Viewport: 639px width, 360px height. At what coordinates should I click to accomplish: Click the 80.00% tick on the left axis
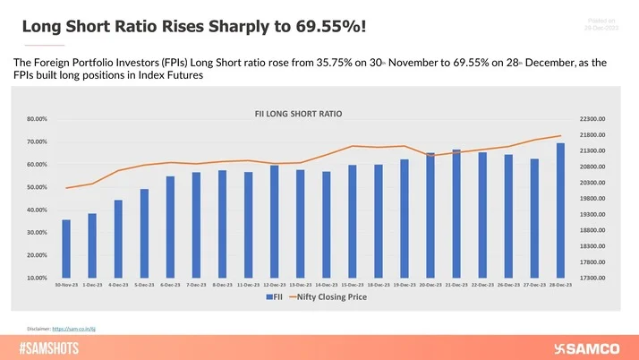pyautogui.click(x=37, y=119)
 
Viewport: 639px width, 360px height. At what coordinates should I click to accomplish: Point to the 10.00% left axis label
pyautogui.click(x=37, y=278)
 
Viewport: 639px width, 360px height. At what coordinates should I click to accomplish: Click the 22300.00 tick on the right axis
pyautogui.click(x=593, y=119)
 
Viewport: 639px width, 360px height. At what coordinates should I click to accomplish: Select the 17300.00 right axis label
pyautogui.click(x=593, y=278)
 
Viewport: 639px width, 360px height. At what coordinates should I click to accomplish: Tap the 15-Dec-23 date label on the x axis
pyautogui.click(x=353, y=285)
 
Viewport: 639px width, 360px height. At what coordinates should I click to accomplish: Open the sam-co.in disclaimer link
pyautogui.click(x=73, y=329)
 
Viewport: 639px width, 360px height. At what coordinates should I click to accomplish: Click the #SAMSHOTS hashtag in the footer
pyautogui.click(x=51, y=347)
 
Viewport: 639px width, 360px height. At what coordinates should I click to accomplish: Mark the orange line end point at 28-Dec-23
pyautogui.click(x=560, y=136)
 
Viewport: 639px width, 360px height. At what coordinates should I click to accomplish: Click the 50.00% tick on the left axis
pyautogui.click(x=37, y=187)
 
